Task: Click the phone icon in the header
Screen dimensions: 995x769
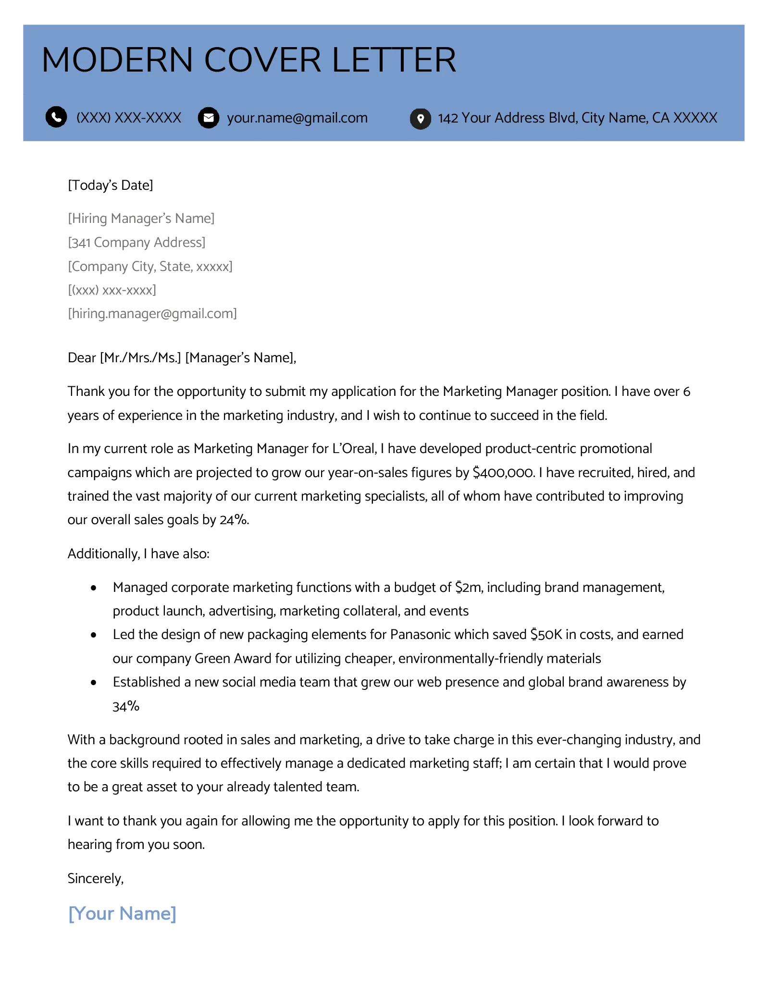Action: tap(56, 117)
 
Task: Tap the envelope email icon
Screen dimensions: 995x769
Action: tap(209, 118)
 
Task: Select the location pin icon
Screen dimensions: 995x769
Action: tap(420, 118)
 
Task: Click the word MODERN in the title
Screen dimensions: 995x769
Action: tap(117, 61)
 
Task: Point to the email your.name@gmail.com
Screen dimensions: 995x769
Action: tap(297, 118)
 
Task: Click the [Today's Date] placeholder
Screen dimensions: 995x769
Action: tap(111, 185)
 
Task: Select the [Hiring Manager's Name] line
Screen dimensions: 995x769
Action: tap(141, 219)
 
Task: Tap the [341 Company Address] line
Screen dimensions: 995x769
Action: tap(136, 243)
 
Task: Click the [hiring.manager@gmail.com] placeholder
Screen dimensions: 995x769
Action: tap(152, 314)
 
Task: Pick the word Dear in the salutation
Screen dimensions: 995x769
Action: tap(82, 358)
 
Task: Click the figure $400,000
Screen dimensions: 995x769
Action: tap(503, 473)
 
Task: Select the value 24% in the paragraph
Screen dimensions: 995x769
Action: tap(234, 520)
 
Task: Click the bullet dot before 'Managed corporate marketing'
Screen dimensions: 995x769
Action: tap(94, 588)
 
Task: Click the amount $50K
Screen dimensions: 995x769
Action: tap(546, 635)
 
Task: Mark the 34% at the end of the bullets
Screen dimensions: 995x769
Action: tap(126, 706)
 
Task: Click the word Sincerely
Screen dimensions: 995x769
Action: tap(95, 879)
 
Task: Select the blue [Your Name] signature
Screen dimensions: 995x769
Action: tap(122, 913)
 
